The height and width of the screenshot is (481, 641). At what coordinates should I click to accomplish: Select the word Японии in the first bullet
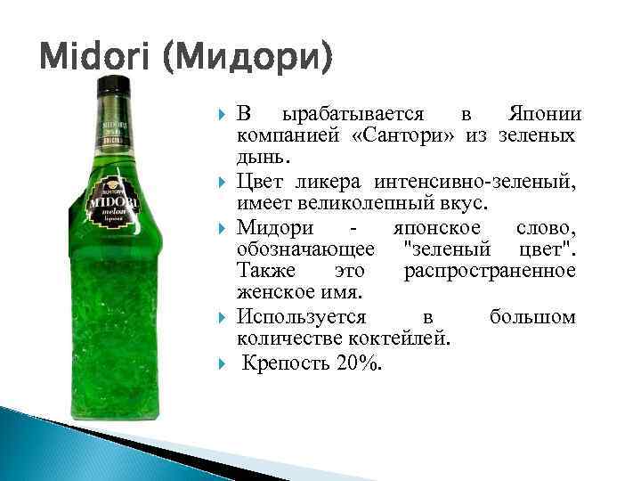545,115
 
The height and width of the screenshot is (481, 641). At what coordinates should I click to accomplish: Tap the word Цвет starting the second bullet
262,183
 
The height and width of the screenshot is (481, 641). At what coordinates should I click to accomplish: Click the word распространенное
490,270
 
